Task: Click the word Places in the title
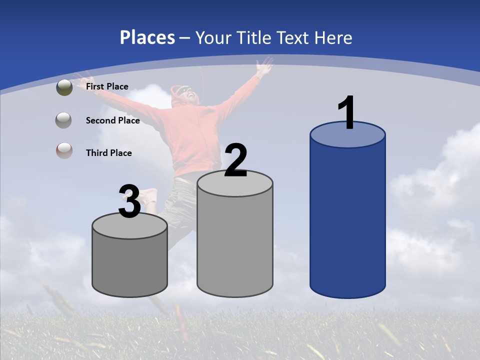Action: (147, 37)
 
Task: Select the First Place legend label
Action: (107, 86)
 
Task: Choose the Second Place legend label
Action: (112, 120)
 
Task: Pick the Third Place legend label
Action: (108, 153)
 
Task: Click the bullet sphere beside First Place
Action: (64, 87)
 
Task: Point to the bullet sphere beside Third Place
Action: (64, 150)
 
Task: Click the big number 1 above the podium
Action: (346, 112)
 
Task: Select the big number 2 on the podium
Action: (235, 160)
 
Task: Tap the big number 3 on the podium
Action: (129, 201)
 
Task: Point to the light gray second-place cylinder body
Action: (235, 240)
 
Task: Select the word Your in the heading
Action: (212, 37)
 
